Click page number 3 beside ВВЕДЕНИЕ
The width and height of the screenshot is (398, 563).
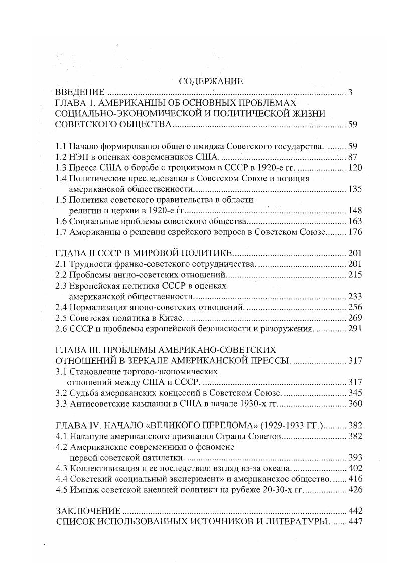pyautogui.click(x=351, y=92)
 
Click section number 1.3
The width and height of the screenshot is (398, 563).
pyautogui.click(x=61, y=167)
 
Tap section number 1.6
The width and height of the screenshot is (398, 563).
pyautogui.click(x=61, y=221)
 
